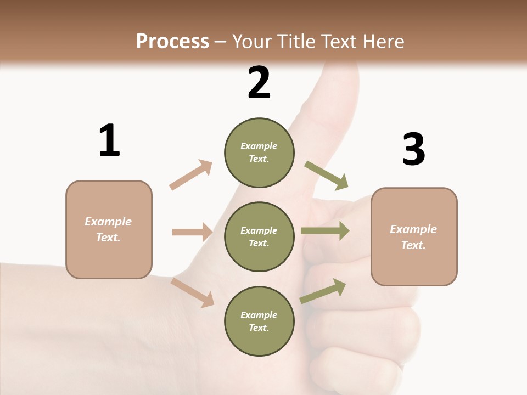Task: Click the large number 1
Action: pos(109,140)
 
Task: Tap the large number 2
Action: pos(259,83)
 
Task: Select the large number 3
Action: pos(413,150)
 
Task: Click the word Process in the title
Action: pos(172,41)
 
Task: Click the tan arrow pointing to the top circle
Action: pos(191,174)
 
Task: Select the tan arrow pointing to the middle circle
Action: pos(192,232)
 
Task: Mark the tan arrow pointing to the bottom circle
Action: pos(193,292)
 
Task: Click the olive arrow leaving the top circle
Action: pos(326,175)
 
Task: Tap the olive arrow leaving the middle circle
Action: pos(325,230)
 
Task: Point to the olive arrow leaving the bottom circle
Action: pos(323,291)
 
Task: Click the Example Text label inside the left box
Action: pos(108,229)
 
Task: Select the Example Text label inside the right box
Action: pos(413,237)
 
